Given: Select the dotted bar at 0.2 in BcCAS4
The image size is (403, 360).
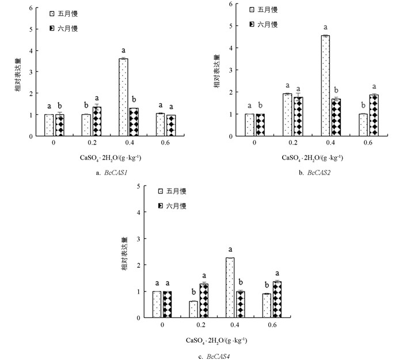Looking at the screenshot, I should (x=193, y=309).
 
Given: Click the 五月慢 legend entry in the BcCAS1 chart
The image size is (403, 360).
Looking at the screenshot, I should (x=63, y=12).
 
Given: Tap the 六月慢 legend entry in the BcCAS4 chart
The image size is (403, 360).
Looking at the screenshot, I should (x=172, y=206).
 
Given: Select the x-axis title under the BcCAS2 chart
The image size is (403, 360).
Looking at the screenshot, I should (x=314, y=157).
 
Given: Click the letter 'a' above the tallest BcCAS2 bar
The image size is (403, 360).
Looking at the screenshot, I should (x=325, y=27).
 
